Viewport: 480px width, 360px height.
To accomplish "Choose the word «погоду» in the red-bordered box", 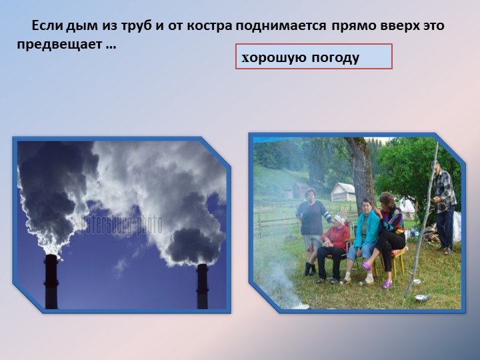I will click(335, 58).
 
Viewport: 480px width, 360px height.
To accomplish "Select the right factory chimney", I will click(202, 285).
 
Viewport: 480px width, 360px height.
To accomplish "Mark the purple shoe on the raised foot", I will click(366, 266).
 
